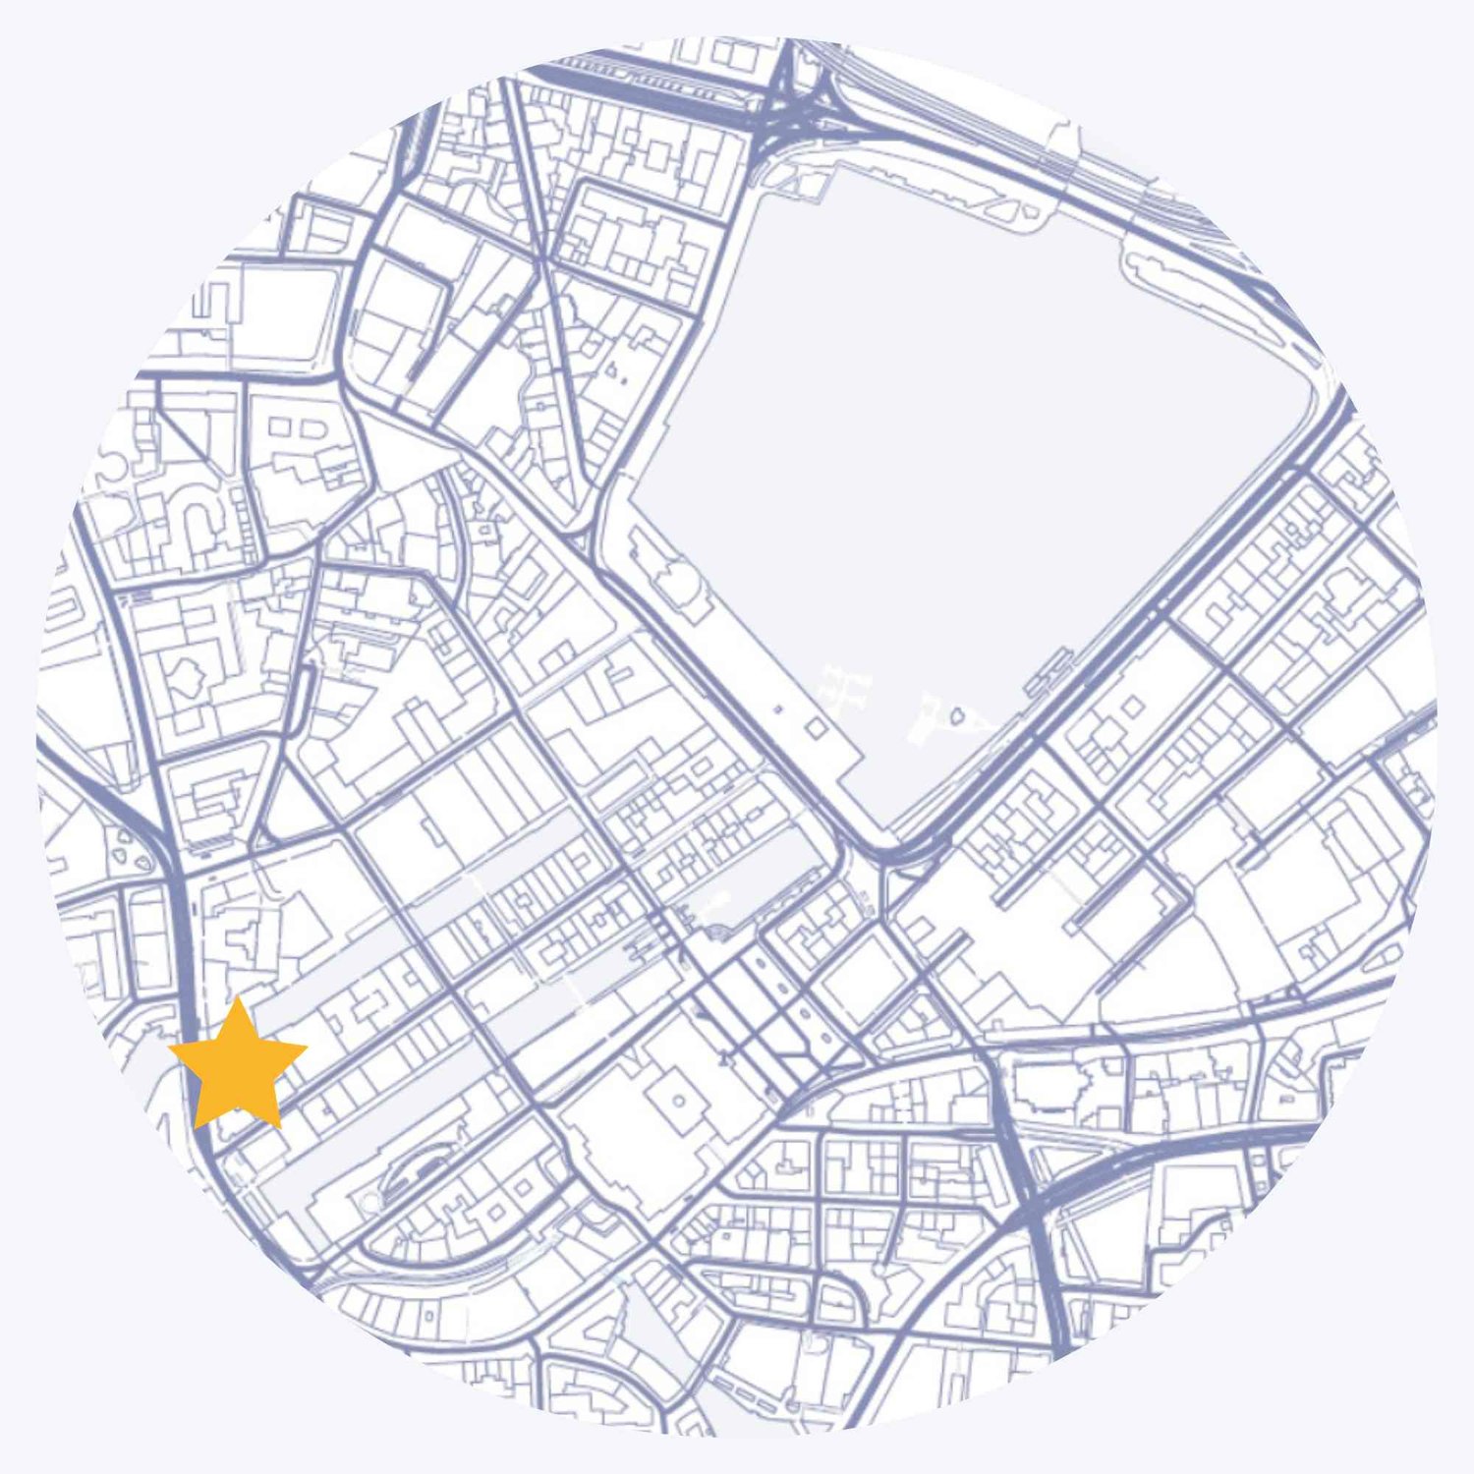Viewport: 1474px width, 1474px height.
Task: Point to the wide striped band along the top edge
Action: pyautogui.click(x=629, y=79)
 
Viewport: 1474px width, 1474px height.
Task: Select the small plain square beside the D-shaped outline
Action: pyautogui.click(x=279, y=427)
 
